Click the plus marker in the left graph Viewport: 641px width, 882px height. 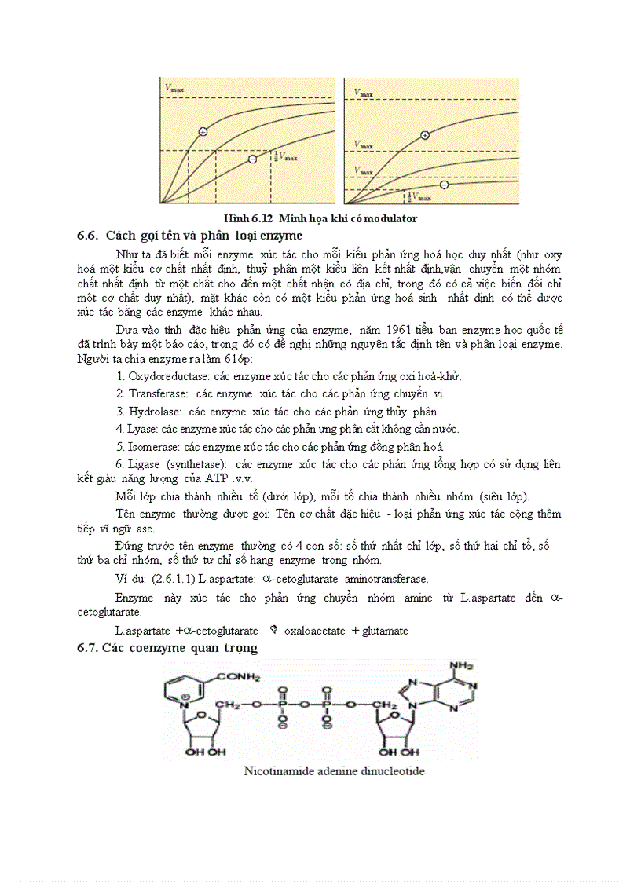pyautogui.click(x=203, y=131)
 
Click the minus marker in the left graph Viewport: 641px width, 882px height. pyautogui.click(x=252, y=159)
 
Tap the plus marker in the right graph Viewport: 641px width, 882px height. pyautogui.click(x=425, y=135)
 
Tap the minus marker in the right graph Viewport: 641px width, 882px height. pyautogui.click(x=444, y=185)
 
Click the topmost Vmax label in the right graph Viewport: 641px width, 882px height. pyautogui.click(x=363, y=93)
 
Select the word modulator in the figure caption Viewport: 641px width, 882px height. pyautogui.click(x=390, y=218)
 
